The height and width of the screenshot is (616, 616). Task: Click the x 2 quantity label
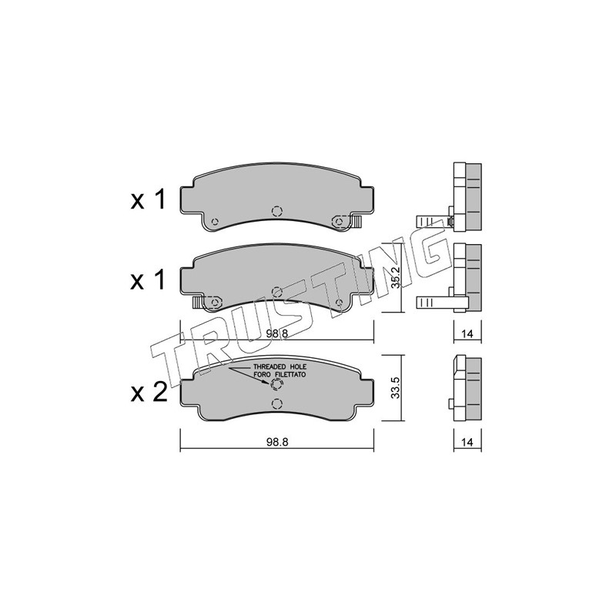(x=149, y=392)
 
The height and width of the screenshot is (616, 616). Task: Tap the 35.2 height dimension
(x=395, y=278)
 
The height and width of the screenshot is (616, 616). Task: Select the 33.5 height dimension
(x=395, y=388)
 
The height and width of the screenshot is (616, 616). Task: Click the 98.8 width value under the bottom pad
(x=277, y=442)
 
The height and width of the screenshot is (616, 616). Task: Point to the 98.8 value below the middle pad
(x=277, y=333)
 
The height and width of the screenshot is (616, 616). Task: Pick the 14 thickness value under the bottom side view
(x=467, y=442)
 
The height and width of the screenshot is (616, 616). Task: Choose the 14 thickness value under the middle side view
(x=467, y=334)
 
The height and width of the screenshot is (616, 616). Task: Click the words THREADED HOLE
(x=280, y=367)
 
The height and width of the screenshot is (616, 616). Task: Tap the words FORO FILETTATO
(x=280, y=375)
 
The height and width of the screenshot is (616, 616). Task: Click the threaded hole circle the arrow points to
(x=276, y=384)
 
